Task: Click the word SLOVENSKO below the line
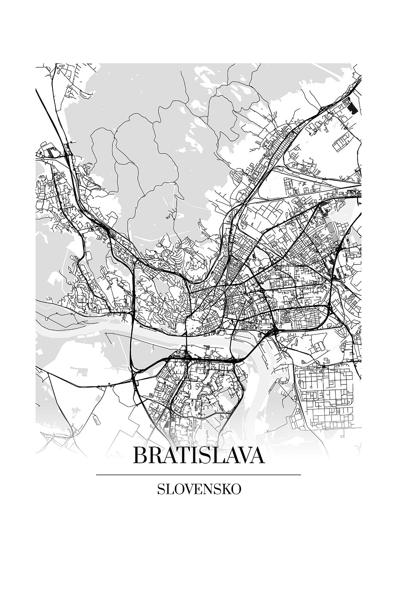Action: coord(199,489)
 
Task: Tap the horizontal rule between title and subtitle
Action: coord(198,475)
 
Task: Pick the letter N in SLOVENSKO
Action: coord(208,489)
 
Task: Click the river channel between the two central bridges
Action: coord(207,339)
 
